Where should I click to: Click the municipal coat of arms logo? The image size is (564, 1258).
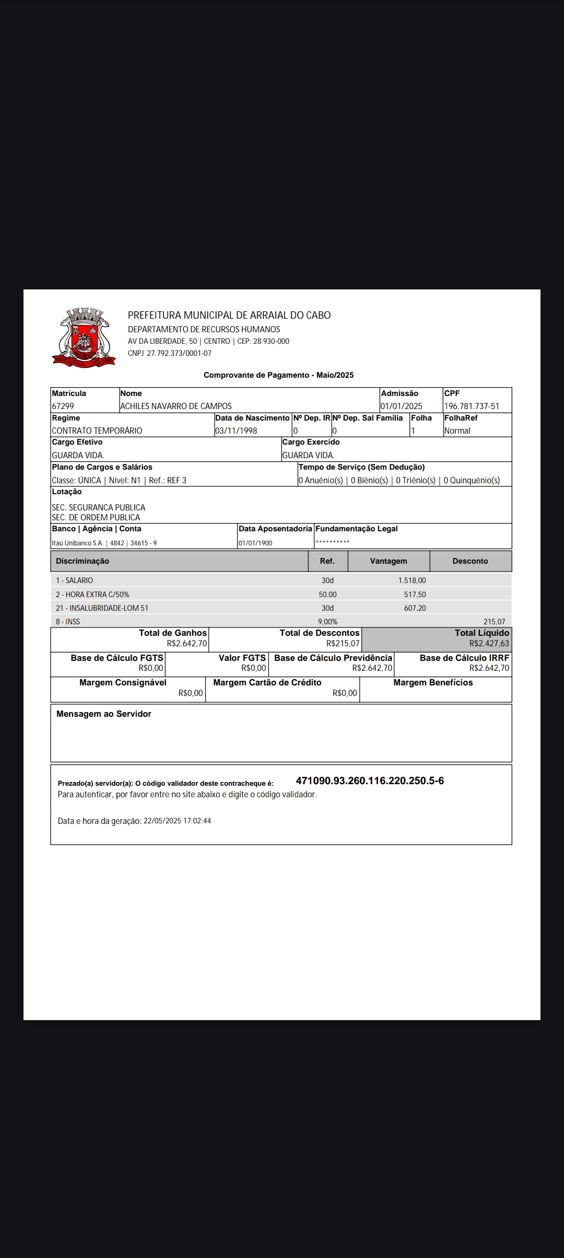(x=84, y=337)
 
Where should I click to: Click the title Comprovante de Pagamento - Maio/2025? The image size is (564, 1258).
(x=278, y=375)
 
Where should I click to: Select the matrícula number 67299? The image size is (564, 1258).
(x=63, y=406)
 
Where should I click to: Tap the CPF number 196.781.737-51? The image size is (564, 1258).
(x=472, y=406)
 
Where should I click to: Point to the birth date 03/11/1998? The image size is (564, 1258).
(x=236, y=430)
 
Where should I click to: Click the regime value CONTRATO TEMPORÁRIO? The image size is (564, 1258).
(x=97, y=430)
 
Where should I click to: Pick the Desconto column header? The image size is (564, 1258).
(x=470, y=561)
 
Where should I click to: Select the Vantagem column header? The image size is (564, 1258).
(x=388, y=561)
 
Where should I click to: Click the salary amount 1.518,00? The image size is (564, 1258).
(x=412, y=580)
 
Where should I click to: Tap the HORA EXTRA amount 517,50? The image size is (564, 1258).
(x=415, y=595)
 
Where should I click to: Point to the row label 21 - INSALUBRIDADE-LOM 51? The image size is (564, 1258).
(x=102, y=608)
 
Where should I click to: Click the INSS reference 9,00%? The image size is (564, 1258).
(x=327, y=622)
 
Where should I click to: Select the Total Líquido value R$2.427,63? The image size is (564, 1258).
(x=489, y=644)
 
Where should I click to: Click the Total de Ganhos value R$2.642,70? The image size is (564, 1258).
(x=186, y=644)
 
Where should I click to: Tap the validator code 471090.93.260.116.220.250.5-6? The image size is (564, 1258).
(x=370, y=781)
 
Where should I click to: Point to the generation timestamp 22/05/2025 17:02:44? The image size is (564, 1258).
(x=177, y=821)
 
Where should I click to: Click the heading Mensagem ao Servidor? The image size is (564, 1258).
(x=103, y=714)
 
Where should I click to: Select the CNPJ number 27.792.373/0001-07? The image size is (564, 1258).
(x=179, y=353)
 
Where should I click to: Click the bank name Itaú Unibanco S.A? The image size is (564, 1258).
(x=77, y=543)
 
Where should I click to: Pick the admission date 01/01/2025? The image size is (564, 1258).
(x=401, y=406)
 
